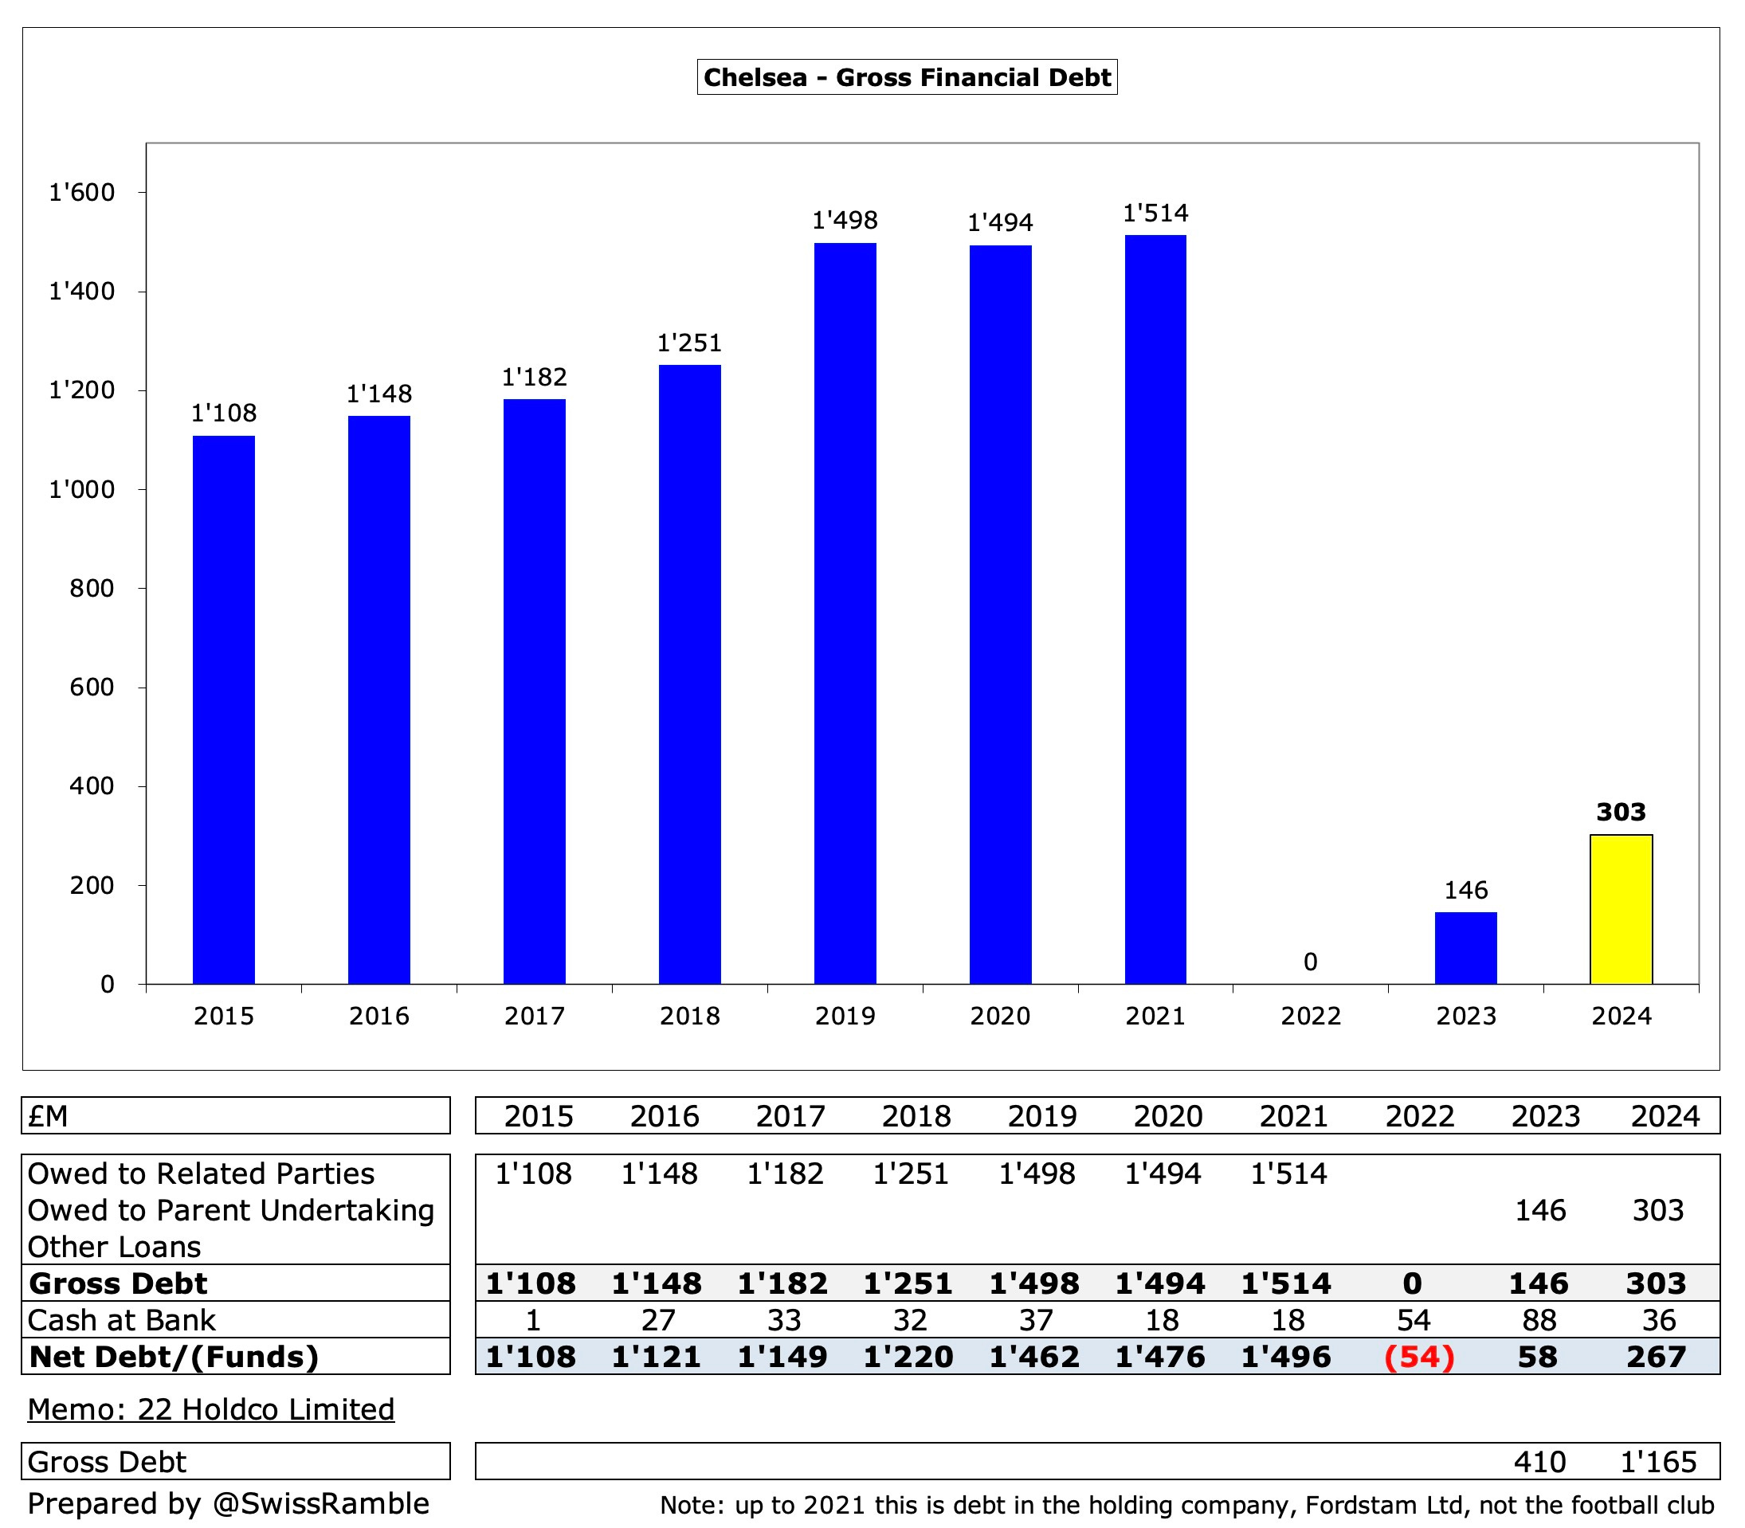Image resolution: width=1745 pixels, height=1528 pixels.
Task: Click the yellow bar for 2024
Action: tap(1621, 909)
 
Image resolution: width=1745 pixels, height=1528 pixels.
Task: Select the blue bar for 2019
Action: tap(845, 614)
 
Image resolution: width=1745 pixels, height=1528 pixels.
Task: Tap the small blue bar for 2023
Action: tap(1465, 948)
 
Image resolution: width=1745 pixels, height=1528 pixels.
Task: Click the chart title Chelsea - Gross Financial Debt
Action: tap(907, 77)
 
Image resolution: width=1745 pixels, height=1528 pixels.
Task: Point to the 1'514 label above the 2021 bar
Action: tap(1155, 214)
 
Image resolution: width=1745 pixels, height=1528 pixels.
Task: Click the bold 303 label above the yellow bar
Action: tap(1621, 812)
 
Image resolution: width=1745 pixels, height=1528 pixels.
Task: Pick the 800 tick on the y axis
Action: tap(92, 589)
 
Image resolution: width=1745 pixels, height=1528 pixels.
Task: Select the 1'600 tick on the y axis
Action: tap(82, 193)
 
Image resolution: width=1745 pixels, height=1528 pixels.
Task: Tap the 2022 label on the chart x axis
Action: tap(1310, 1017)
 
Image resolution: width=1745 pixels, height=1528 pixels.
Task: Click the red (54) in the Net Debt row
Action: tap(1418, 1357)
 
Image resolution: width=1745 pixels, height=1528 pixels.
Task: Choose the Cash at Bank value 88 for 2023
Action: tap(1539, 1320)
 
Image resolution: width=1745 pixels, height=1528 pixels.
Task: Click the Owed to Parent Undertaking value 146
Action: tap(1539, 1210)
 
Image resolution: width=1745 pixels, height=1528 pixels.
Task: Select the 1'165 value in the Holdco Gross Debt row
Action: tap(1658, 1462)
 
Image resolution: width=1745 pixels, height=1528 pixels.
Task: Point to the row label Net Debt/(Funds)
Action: tap(174, 1357)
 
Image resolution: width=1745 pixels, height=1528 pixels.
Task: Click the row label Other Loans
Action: tap(114, 1247)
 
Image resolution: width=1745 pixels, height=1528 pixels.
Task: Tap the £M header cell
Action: tap(49, 1116)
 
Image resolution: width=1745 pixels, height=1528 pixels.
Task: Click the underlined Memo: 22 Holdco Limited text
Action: tap(210, 1409)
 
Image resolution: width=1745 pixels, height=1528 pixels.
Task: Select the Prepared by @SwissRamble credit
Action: tap(228, 1503)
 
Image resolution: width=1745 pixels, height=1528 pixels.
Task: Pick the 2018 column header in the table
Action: tap(916, 1116)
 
